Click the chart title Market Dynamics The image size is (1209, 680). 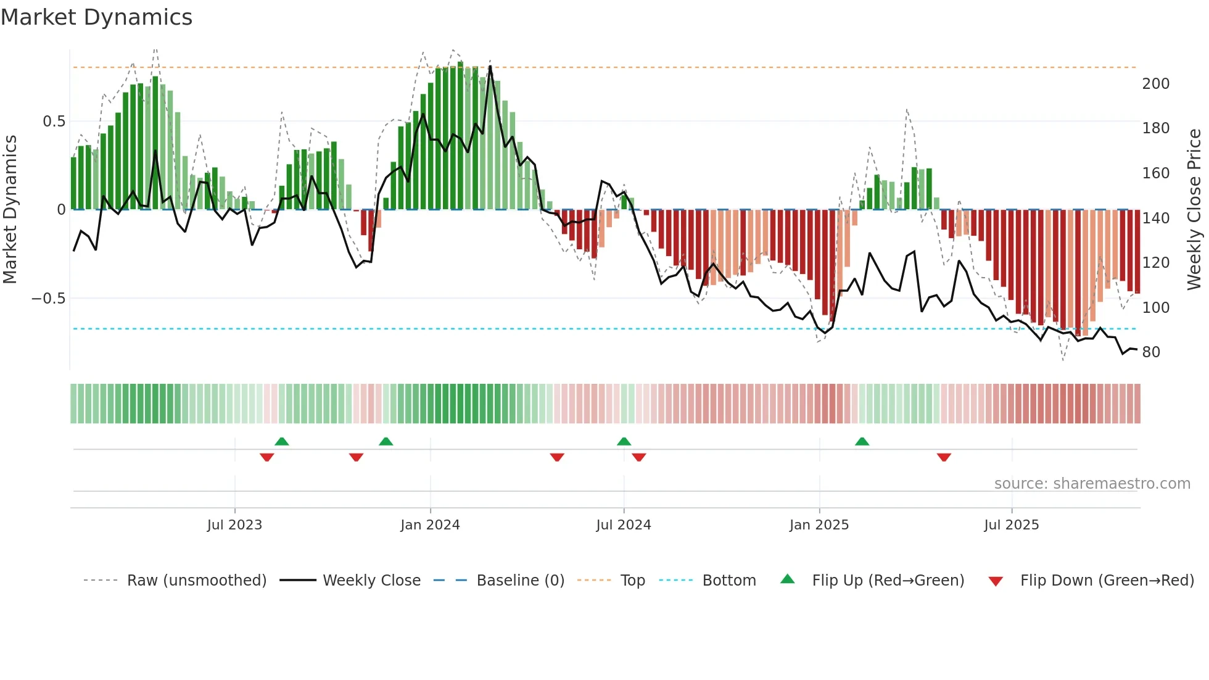96,17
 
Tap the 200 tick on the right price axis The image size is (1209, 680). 1155,84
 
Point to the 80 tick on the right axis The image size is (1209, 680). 1151,352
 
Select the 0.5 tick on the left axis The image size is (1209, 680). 54,122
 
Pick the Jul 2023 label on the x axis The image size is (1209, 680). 234,525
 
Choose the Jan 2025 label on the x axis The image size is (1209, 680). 819,525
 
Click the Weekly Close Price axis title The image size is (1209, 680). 1194,210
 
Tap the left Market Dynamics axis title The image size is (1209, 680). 10,210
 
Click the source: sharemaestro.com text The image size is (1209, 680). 1092,484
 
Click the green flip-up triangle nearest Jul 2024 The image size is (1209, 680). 624,441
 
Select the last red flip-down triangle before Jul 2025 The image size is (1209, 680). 944,457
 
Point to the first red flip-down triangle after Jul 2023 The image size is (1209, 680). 266,457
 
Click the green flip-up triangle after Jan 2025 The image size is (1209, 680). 862,441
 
